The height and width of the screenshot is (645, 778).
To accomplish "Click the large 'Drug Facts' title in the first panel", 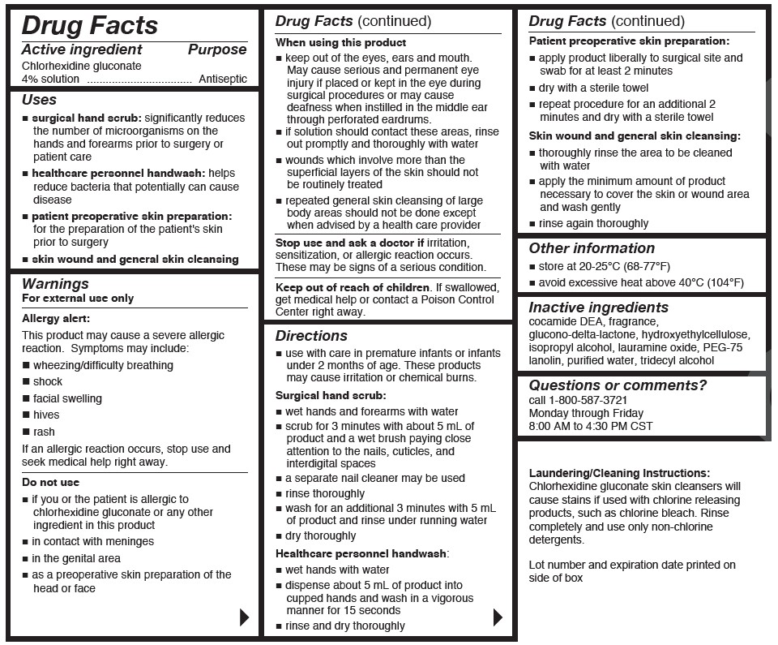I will click(x=89, y=25).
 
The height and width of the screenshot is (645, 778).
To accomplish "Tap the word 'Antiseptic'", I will click(x=223, y=80).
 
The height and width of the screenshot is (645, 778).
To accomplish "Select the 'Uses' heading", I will click(x=39, y=100).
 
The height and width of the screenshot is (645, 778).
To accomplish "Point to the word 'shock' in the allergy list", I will click(x=48, y=381).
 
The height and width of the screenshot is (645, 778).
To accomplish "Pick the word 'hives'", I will click(x=46, y=415).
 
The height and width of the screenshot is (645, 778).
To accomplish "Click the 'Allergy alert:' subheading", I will click(x=56, y=319).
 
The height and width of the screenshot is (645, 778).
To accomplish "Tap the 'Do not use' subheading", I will click(x=51, y=483).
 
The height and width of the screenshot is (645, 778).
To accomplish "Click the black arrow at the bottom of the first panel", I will click(x=244, y=617).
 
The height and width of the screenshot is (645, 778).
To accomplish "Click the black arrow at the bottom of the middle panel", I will click(x=498, y=617).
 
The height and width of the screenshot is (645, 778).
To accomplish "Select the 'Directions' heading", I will click(x=311, y=336).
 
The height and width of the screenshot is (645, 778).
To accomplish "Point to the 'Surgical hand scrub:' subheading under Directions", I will click(x=331, y=396).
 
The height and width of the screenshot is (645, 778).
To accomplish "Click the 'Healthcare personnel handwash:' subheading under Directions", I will click(x=361, y=553).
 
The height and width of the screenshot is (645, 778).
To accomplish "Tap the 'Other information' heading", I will click(x=592, y=248).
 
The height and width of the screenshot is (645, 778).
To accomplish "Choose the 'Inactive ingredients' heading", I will click(x=598, y=307).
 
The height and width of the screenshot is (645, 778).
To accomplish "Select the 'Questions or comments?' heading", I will click(x=618, y=385).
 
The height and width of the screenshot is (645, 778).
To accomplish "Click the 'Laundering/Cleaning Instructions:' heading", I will click(x=619, y=473).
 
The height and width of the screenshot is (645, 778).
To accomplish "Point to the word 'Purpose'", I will click(x=217, y=50).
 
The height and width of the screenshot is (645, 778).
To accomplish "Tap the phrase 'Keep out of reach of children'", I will click(x=353, y=287).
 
